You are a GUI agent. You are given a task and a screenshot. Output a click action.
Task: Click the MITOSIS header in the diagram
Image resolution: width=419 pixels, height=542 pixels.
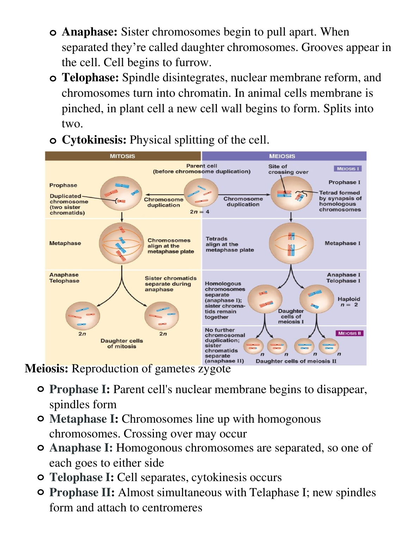coord(122,156)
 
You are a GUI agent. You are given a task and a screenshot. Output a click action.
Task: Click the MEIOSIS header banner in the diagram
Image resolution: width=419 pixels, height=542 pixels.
coord(282,156)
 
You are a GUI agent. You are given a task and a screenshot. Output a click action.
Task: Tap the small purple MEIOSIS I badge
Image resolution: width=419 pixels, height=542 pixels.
coord(348,169)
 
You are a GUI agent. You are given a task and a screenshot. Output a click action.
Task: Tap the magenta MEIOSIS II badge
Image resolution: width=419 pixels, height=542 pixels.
coord(349,333)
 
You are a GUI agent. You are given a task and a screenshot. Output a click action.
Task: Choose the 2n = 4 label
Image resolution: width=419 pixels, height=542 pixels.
coord(200,212)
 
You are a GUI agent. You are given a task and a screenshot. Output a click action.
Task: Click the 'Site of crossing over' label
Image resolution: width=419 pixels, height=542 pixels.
coord(288,169)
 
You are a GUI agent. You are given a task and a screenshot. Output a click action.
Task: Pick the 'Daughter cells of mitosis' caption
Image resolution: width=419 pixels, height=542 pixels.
coord(122,344)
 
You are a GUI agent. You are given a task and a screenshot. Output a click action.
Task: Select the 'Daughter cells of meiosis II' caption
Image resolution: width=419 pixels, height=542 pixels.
coord(296,361)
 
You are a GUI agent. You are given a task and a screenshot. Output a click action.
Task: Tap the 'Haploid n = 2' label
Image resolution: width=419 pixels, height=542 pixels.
coord(349,302)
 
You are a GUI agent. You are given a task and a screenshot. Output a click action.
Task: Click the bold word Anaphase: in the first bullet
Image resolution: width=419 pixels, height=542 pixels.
coord(89,32)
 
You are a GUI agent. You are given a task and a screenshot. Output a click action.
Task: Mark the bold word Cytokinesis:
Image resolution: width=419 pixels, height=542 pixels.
coord(94,140)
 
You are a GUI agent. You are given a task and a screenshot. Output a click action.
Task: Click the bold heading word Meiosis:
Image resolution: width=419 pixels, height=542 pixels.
coord(46,368)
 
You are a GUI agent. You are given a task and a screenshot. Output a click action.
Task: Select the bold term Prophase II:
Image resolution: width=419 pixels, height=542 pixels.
coord(82,493)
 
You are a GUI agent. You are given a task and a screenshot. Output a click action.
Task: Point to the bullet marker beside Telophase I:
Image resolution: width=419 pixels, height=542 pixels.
coord(41,478)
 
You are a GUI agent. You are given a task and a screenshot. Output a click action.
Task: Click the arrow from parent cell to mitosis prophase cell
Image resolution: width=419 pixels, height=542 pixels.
coord(164,194)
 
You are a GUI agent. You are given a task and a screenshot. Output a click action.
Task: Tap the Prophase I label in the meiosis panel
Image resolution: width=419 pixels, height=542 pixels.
coord(344,182)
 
